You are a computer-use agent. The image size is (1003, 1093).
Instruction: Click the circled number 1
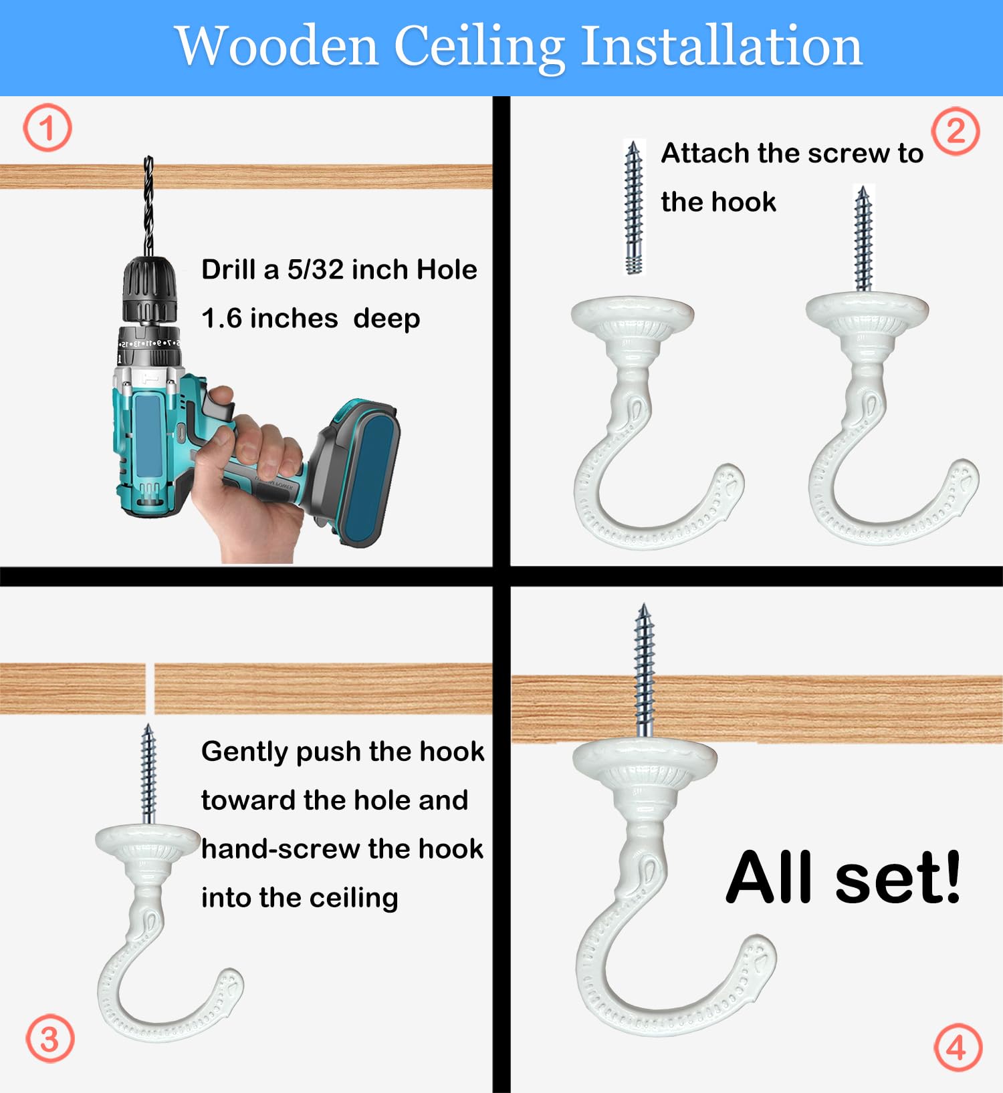click(x=47, y=128)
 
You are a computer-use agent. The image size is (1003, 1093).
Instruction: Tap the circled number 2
click(x=956, y=131)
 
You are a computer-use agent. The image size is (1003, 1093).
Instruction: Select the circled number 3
click(x=49, y=1038)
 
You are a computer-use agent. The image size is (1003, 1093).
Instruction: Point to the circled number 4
click(x=958, y=1047)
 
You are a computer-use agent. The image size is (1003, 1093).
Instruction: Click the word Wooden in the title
click(x=277, y=46)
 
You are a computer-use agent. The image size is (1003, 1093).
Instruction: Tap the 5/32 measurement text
click(x=316, y=269)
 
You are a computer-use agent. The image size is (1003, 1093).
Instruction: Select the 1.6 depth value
click(x=222, y=319)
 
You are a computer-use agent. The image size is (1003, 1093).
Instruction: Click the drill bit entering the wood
click(x=148, y=206)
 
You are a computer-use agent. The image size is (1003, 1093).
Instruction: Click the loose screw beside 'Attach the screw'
click(x=633, y=207)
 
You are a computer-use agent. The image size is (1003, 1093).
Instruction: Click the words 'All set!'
click(x=844, y=877)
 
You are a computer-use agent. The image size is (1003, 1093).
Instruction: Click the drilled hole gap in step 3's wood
click(x=150, y=689)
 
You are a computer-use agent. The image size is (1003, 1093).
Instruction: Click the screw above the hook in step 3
click(x=148, y=774)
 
